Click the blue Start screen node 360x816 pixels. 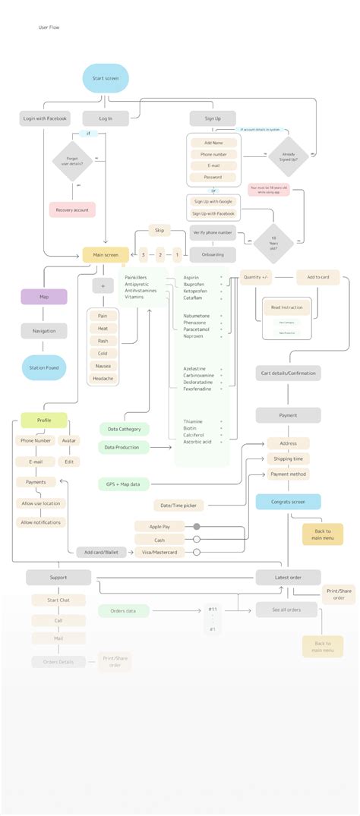tap(106, 79)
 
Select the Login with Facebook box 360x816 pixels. tap(45, 118)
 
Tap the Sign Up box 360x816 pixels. tap(213, 118)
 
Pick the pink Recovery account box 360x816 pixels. tap(72, 210)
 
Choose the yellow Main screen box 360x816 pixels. tap(106, 255)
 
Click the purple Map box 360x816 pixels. tap(44, 297)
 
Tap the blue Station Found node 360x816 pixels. tap(44, 367)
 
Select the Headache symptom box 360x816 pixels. tap(103, 378)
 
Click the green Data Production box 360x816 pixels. tap(122, 448)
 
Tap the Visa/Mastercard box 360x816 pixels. tap(161, 553)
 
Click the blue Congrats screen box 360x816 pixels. tap(288, 502)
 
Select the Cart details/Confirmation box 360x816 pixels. tap(288, 373)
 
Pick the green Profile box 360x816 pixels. tap(44, 420)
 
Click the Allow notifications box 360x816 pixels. tap(43, 522)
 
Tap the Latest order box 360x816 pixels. tap(288, 578)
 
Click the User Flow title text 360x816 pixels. tap(49, 27)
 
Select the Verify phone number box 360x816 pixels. tap(213, 232)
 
